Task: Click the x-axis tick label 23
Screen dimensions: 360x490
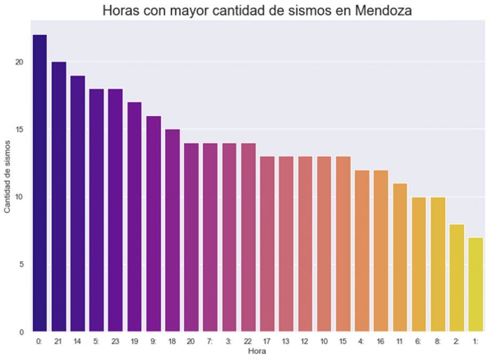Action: (115, 341)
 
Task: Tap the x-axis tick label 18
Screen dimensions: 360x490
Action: (172, 341)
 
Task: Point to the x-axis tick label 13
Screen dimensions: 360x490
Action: (286, 341)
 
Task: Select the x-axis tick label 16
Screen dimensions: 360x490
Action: (381, 341)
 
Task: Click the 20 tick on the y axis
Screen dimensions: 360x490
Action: (20, 62)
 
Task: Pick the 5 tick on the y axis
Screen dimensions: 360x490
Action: (22, 265)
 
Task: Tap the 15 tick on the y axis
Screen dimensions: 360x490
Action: (20, 130)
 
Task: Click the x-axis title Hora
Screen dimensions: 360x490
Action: (257, 351)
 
